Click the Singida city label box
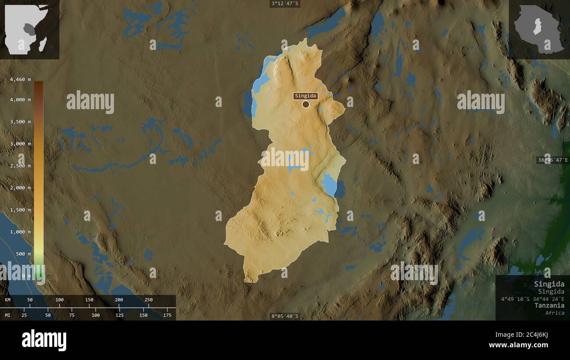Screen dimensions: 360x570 pyautogui.click(x=306, y=96)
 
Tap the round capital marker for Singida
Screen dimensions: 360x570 pyautogui.click(x=306, y=104)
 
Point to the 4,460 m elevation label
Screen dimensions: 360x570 pyautogui.click(x=20, y=79)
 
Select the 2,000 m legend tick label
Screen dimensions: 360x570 pyautogui.click(x=20, y=188)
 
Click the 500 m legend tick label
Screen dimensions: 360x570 pyautogui.click(x=23, y=254)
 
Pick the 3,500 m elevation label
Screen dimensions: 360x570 pyautogui.click(x=20, y=121)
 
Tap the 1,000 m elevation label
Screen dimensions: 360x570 pyautogui.click(x=20, y=232)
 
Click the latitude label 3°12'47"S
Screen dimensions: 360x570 pyautogui.click(x=285, y=4)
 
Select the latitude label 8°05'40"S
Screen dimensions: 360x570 pyautogui.click(x=285, y=316)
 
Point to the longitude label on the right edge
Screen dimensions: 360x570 pyautogui.click(x=552, y=160)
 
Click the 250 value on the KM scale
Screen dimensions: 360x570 pyautogui.click(x=149, y=300)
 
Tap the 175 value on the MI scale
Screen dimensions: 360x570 pyautogui.click(x=167, y=315)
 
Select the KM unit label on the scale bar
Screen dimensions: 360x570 pyautogui.click(x=7, y=300)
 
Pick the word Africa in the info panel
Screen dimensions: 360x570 pyautogui.click(x=555, y=313)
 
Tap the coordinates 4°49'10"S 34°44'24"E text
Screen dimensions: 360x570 pyautogui.click(x=533, y=299)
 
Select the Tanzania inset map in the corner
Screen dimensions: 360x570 pyautogui.click(x=539, y=29)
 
